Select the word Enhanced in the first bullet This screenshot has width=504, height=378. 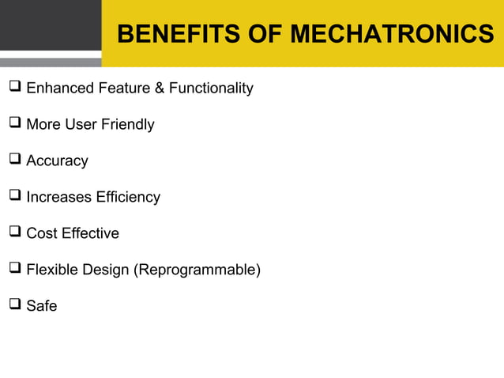tap(60, 88)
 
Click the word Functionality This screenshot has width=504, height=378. tap(211, 88)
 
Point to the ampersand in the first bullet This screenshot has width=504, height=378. tap(159, 88)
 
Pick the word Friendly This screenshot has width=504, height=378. tap(127, 124)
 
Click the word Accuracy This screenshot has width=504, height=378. tap(57, 161)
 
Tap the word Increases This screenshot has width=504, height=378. tap(59, 197)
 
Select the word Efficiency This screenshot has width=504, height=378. tap(128, 197)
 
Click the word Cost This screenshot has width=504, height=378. tap(41, 233)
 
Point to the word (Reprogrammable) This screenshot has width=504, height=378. tap(197, 270)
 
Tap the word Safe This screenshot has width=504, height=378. tap(42, 306)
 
